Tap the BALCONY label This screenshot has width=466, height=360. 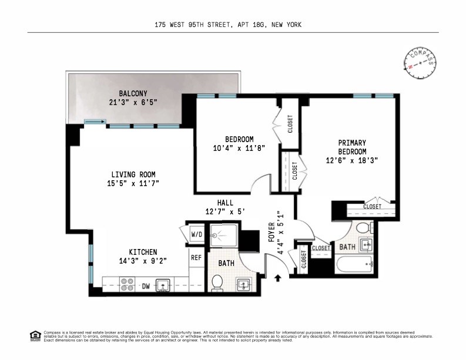133,93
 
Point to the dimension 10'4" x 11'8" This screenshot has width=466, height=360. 234,149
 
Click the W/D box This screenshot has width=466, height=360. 196,235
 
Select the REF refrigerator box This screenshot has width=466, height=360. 196,257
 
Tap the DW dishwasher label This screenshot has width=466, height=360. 146,286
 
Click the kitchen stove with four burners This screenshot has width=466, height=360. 128,284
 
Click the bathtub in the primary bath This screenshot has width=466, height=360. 355,265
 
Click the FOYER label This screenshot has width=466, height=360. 271,233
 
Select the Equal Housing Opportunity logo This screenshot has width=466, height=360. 35,337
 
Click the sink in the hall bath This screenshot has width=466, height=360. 244,285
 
